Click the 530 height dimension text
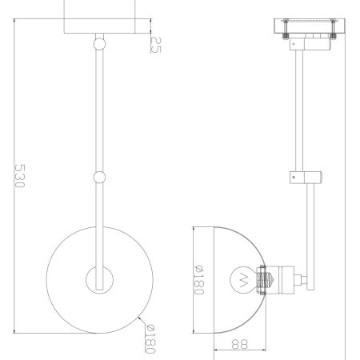[x=20, y=175]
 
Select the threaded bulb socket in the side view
[x=264, y=280]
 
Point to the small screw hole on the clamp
[x=294, y=176]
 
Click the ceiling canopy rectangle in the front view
[x=98, y=17]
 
